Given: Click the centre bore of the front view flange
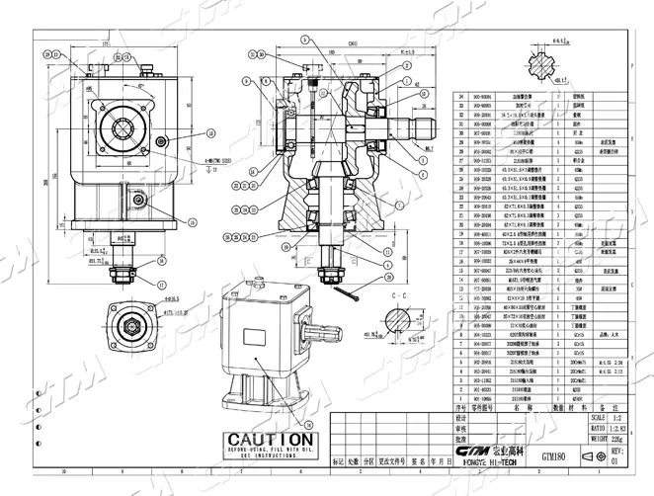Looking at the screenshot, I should [123, 122].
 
